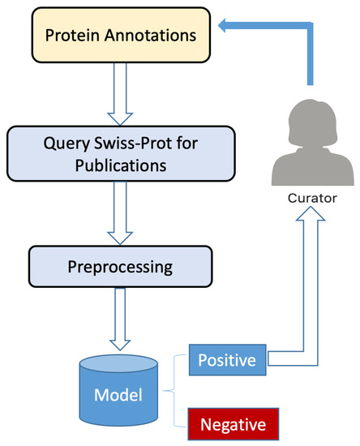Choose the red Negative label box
pyautogui.click(x=233, y=424)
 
